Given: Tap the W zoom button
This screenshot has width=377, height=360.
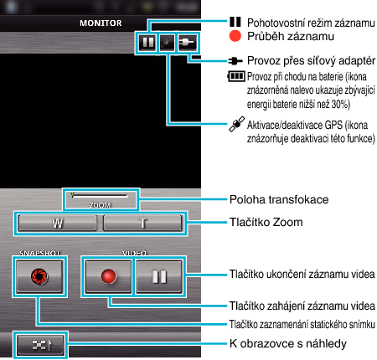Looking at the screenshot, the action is coord(57,223).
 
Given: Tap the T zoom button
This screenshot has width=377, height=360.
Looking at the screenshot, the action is coord(142,223).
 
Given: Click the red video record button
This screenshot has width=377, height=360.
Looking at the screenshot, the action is coord(108,276).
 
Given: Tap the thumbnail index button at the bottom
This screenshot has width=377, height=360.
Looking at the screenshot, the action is coord(40,345).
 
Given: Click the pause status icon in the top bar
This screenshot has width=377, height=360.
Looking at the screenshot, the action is coord(147,43).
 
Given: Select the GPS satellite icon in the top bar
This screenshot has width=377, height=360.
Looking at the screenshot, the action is coord(167,43).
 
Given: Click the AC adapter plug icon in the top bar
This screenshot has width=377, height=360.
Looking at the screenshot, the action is coord(187,43).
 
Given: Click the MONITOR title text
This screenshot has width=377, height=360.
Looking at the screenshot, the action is coord(101,23).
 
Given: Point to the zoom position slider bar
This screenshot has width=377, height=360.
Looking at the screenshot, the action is coord(100,195).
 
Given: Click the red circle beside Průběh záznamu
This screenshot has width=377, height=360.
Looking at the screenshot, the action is coord(235,36).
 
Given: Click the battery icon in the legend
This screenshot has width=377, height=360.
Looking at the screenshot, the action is coord(236,76).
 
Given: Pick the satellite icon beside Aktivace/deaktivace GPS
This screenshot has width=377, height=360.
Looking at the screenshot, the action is coord(237,124).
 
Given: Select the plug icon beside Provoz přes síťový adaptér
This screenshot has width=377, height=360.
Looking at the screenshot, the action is coord(235,60).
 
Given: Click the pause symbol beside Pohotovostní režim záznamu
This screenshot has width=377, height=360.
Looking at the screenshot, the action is coord(235,22).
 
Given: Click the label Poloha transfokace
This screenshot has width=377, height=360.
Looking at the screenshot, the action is coord(279,200).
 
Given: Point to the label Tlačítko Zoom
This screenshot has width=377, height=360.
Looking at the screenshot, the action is coord(266,223).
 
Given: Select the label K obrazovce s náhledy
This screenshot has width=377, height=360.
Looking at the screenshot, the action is coord(288,344).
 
